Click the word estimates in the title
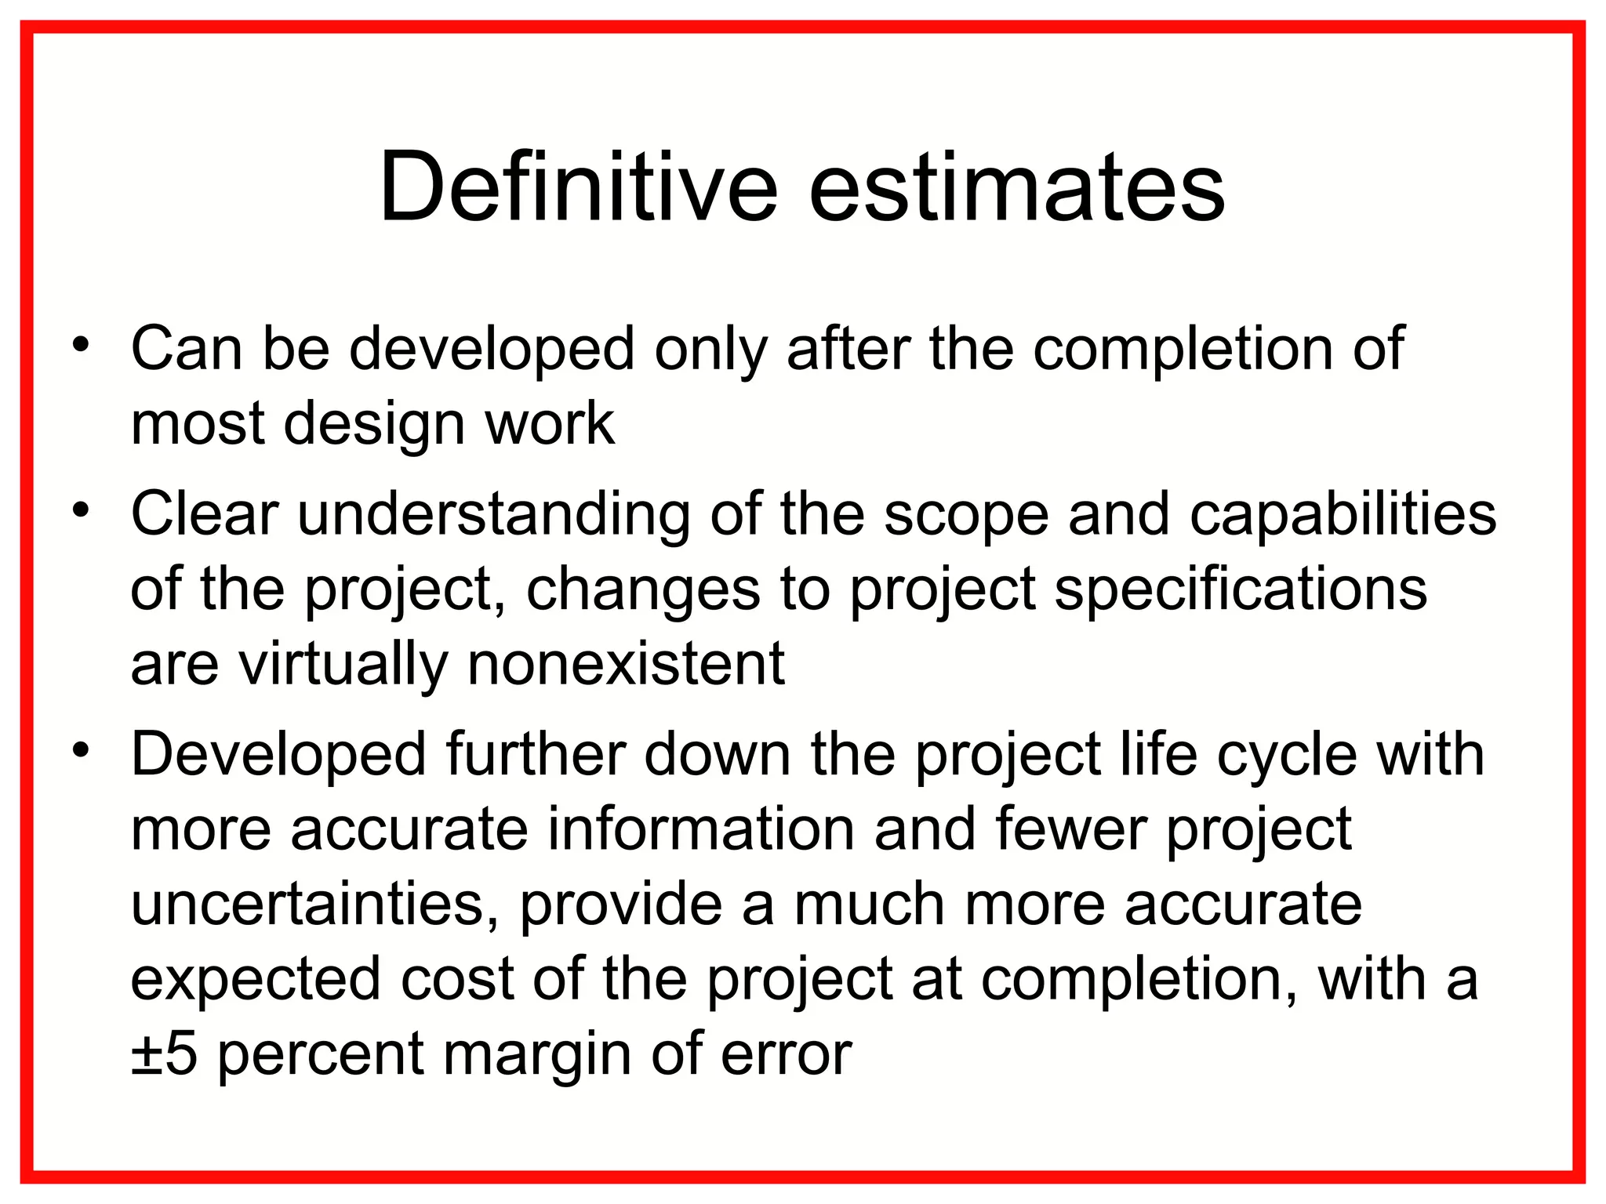(1016, 188)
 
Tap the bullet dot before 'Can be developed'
(81, 344)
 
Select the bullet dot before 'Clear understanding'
(81, 510)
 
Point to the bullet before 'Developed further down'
(81, 750)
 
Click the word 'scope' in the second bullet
(966, 514)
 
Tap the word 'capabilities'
(1343, 514)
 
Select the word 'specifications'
(1241, 589)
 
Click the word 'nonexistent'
(626, 664)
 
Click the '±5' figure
(164, 1054)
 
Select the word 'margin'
(537, 1054)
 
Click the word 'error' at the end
(786, 1054)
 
